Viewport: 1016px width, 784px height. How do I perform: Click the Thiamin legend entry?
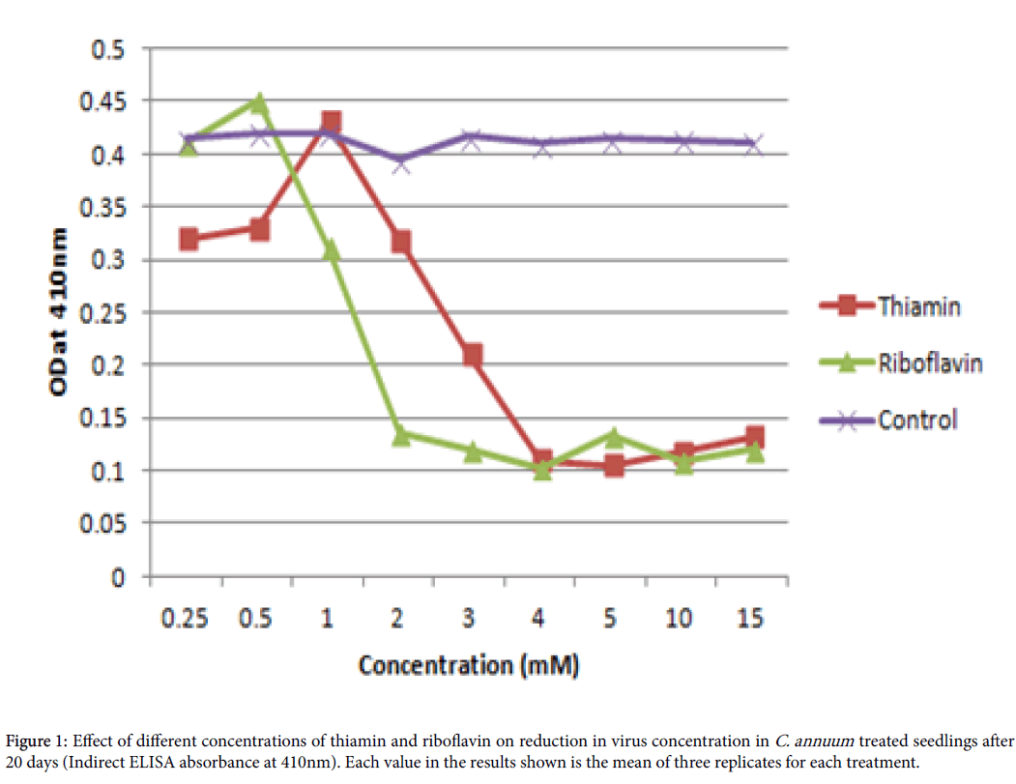[x=918, y=306]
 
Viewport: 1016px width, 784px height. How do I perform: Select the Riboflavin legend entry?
[x=930, y=363]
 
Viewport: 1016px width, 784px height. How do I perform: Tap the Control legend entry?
[x=917, y=420]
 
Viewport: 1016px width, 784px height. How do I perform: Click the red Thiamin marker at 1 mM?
[x=331, y=123]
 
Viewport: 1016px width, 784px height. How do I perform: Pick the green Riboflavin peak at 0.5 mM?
[x=259, y=102]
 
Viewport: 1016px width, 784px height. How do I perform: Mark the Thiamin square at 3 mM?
[x=472, y=355]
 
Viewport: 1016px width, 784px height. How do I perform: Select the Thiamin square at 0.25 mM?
[x=189, y=239]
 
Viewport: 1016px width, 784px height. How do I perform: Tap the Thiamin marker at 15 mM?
[x=754, y=437]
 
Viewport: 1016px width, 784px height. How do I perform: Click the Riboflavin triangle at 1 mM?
[x=331, y=250]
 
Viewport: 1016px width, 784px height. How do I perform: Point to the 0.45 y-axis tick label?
[x=108, y=102]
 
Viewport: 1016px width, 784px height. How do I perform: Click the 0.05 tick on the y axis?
[x=108, y=523]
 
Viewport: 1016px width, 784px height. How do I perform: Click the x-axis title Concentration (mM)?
[x=469, y=665]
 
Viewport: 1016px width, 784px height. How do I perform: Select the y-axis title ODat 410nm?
[x=59, y=312]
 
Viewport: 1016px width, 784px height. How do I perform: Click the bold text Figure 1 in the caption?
[x=34, y=742]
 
